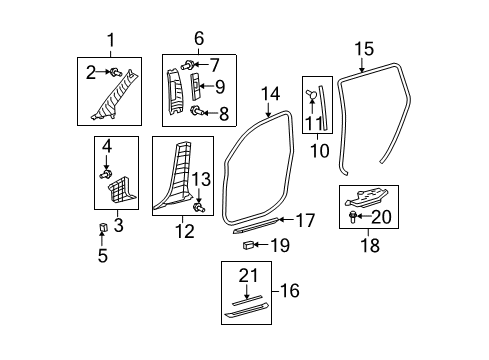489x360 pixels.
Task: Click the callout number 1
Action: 110,40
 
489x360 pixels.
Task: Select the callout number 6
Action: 198,40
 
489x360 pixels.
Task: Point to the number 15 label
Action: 363,47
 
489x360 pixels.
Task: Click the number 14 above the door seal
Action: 271,94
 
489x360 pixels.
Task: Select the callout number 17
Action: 305,219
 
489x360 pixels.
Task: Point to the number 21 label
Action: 249,275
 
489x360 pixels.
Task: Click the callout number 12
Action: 183,232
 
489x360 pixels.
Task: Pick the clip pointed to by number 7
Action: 188,66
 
